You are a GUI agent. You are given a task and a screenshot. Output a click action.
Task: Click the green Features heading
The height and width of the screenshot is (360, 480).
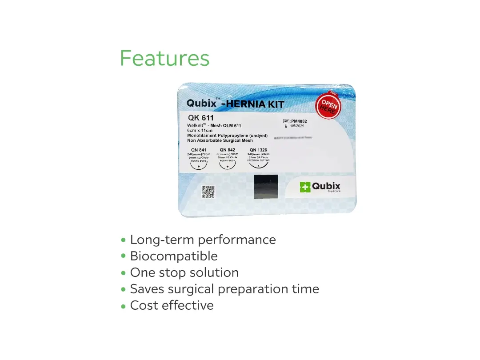(164, 58)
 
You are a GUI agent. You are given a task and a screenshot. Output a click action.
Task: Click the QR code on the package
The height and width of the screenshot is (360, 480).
(208, 192)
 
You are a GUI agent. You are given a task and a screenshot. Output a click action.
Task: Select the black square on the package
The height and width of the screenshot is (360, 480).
(266, 187)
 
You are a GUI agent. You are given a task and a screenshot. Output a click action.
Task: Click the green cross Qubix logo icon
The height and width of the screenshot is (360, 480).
(305, 187)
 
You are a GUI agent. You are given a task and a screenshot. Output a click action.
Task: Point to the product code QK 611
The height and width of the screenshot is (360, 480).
(201, 118)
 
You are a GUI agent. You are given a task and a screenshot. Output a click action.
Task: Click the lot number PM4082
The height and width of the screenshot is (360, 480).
(299, 121)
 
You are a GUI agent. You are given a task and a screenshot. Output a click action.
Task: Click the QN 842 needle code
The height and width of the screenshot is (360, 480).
(227, 150)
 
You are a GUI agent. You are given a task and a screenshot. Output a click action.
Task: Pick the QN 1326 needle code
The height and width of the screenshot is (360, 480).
(258, 150)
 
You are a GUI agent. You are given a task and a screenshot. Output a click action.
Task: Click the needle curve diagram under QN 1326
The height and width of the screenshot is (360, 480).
(258, 165)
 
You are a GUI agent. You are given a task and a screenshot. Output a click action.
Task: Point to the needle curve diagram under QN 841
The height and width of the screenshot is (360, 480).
(199, 166)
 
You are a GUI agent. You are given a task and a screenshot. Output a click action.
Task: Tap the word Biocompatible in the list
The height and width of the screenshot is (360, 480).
(174, 256)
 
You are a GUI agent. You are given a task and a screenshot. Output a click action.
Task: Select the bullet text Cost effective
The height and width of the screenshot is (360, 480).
(172, 306)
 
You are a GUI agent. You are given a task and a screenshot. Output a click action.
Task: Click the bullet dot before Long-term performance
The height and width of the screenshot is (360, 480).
(124, 240)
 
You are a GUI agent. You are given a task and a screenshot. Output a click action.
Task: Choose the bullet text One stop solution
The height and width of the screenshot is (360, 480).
(184, 273)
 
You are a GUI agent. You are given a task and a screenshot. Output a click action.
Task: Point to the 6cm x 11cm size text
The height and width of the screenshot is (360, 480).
(200, 131)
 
